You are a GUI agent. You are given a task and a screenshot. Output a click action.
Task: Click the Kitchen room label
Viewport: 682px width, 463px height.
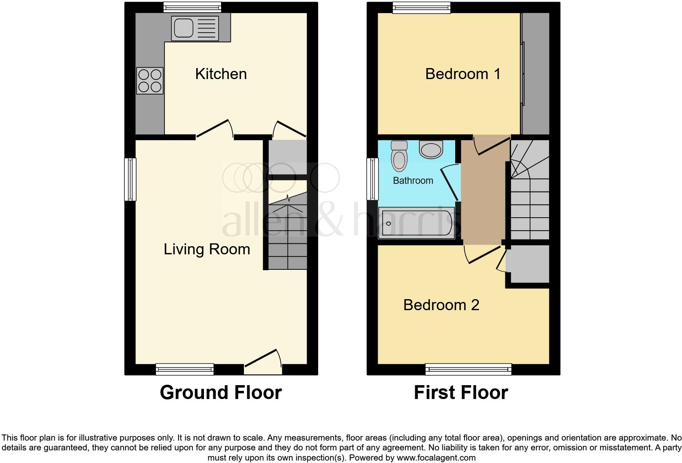click(221, 74)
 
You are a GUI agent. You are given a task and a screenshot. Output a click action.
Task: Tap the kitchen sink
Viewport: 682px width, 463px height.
click(195, 28)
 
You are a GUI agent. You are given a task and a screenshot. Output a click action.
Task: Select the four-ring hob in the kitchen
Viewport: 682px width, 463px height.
click(150, 81)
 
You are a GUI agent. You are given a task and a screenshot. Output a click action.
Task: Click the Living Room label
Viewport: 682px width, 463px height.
click(207, 249)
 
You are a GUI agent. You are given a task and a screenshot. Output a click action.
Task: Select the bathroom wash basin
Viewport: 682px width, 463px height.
click(431, 150)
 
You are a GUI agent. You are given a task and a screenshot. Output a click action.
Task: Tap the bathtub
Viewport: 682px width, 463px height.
click(416, 223)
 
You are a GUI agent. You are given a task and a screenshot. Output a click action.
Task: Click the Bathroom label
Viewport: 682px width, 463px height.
click(413, 181)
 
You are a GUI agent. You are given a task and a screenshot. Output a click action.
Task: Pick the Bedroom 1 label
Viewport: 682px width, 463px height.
click(463, 74)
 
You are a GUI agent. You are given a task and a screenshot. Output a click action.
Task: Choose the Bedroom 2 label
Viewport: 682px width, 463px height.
click(441, 305)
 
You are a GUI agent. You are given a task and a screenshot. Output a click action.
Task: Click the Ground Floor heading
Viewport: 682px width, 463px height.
click(221, 392)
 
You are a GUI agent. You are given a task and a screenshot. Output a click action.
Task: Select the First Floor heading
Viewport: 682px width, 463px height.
click(461, 392)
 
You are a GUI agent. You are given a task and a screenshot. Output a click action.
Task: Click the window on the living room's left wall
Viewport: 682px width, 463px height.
click(130, 179)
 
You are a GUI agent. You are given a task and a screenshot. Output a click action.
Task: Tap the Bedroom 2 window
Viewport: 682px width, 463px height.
click(468, 369)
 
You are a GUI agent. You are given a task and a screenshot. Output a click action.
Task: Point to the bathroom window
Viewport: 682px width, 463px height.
click(372, 179)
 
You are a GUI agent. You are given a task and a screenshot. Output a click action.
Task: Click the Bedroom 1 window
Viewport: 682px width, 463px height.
click(422, 8)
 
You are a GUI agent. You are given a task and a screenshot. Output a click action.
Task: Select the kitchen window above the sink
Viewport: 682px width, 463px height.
click(192, 8)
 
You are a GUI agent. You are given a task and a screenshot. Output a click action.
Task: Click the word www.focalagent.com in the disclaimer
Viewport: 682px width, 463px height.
click(436, 458)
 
